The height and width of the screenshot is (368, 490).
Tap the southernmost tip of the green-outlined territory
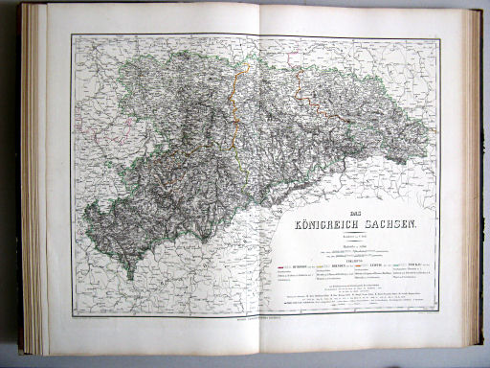pos(130,278)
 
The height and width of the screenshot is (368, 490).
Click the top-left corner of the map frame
pos(73,35)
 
